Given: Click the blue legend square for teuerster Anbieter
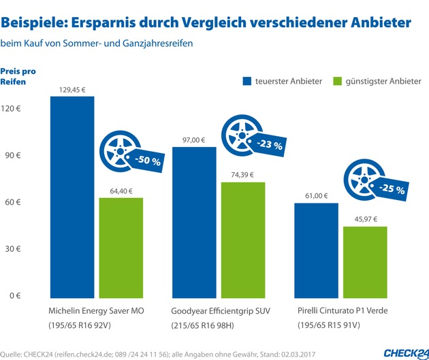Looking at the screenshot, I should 247,82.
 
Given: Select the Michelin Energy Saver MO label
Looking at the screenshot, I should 95,311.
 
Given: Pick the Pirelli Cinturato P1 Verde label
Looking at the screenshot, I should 343,311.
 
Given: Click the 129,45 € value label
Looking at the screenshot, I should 71,88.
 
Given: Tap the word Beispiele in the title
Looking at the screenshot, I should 37,23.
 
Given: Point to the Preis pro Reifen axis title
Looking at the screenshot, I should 18,76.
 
